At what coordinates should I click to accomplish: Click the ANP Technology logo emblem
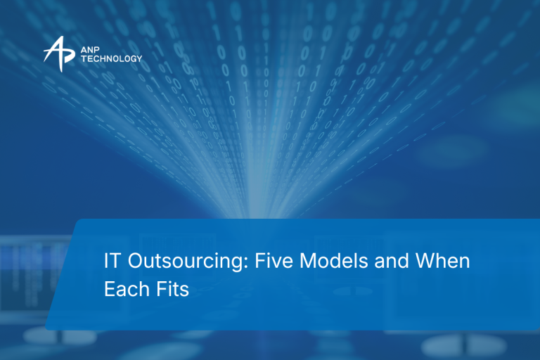pos(59,54)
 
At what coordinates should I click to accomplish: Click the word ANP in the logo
pos(90,51)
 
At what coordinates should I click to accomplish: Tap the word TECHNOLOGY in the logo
pos(112,59)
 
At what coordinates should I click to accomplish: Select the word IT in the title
pos(112,260)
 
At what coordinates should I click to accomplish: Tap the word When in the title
pos(442,260)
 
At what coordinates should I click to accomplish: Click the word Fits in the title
pos(172,289)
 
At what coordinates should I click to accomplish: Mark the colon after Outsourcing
pos(245,262)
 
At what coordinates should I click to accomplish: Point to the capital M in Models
pos(308,260)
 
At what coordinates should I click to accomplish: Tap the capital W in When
pos(426,260)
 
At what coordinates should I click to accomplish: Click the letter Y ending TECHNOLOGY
pos(139,59)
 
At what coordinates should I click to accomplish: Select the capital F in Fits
pos(162,289)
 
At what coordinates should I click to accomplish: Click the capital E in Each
pos(110,289)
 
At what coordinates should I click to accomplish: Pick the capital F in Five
pos(261,260)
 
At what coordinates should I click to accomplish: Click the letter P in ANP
pos(96,51)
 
